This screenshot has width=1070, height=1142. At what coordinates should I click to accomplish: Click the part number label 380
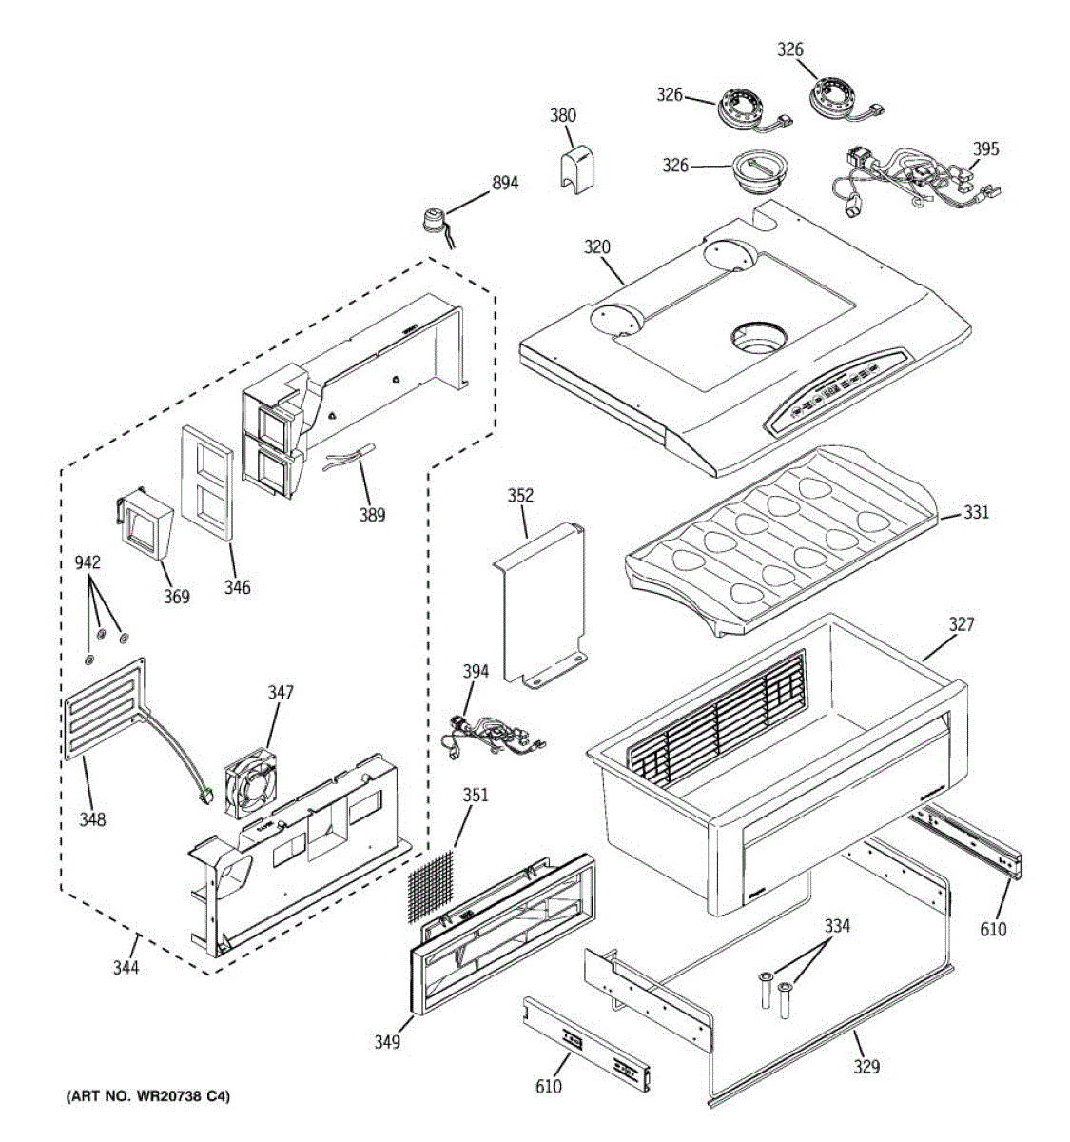pyautogui.click(x=562, y=115)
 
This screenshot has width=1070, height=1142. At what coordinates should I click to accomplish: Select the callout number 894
pyautogui.click(x=504, y=182)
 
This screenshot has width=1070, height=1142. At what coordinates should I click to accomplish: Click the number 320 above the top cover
pyautogui.click(x=596, y=246)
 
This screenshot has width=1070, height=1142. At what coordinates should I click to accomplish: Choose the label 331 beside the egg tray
pyautogui.click(x=976, y=513)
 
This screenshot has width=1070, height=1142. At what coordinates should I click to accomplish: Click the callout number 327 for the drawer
pyautogui.click(x=961, y=624)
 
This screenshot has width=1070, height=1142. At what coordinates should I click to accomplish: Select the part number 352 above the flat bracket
pyautogui.click(x=520, y=496)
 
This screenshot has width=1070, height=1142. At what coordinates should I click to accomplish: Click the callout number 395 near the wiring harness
pyautogui.click(x=985, y=148)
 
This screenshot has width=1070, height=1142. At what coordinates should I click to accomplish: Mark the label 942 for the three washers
pyautogui.click(x=88, y=562)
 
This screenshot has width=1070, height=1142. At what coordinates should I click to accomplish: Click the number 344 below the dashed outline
pyautogui.click(x=126, y=968)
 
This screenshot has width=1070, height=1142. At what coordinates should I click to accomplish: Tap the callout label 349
pyautogui.click(x=386, y=1042)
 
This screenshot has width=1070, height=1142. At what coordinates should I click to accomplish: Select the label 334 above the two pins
pyautogui.click(x=837, y=926)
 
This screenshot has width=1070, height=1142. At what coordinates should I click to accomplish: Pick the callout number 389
pyautogui.click(x=372, y=515)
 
